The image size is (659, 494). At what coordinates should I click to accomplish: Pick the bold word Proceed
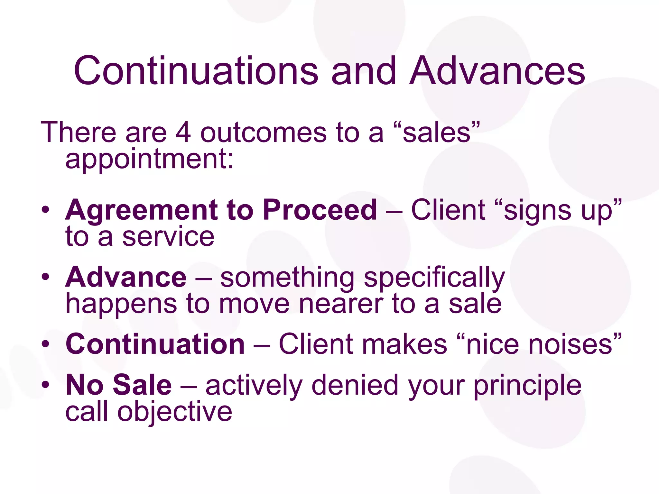click(x=320, y=210)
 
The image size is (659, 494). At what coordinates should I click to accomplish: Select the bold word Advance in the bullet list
click(x=126, y=277)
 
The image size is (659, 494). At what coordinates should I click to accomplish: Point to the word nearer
click(x=341, y=304)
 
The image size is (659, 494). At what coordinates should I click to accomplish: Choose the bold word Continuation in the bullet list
click(x=155, y=344)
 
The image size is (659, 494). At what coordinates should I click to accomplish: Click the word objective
click(x=174, y=412)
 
